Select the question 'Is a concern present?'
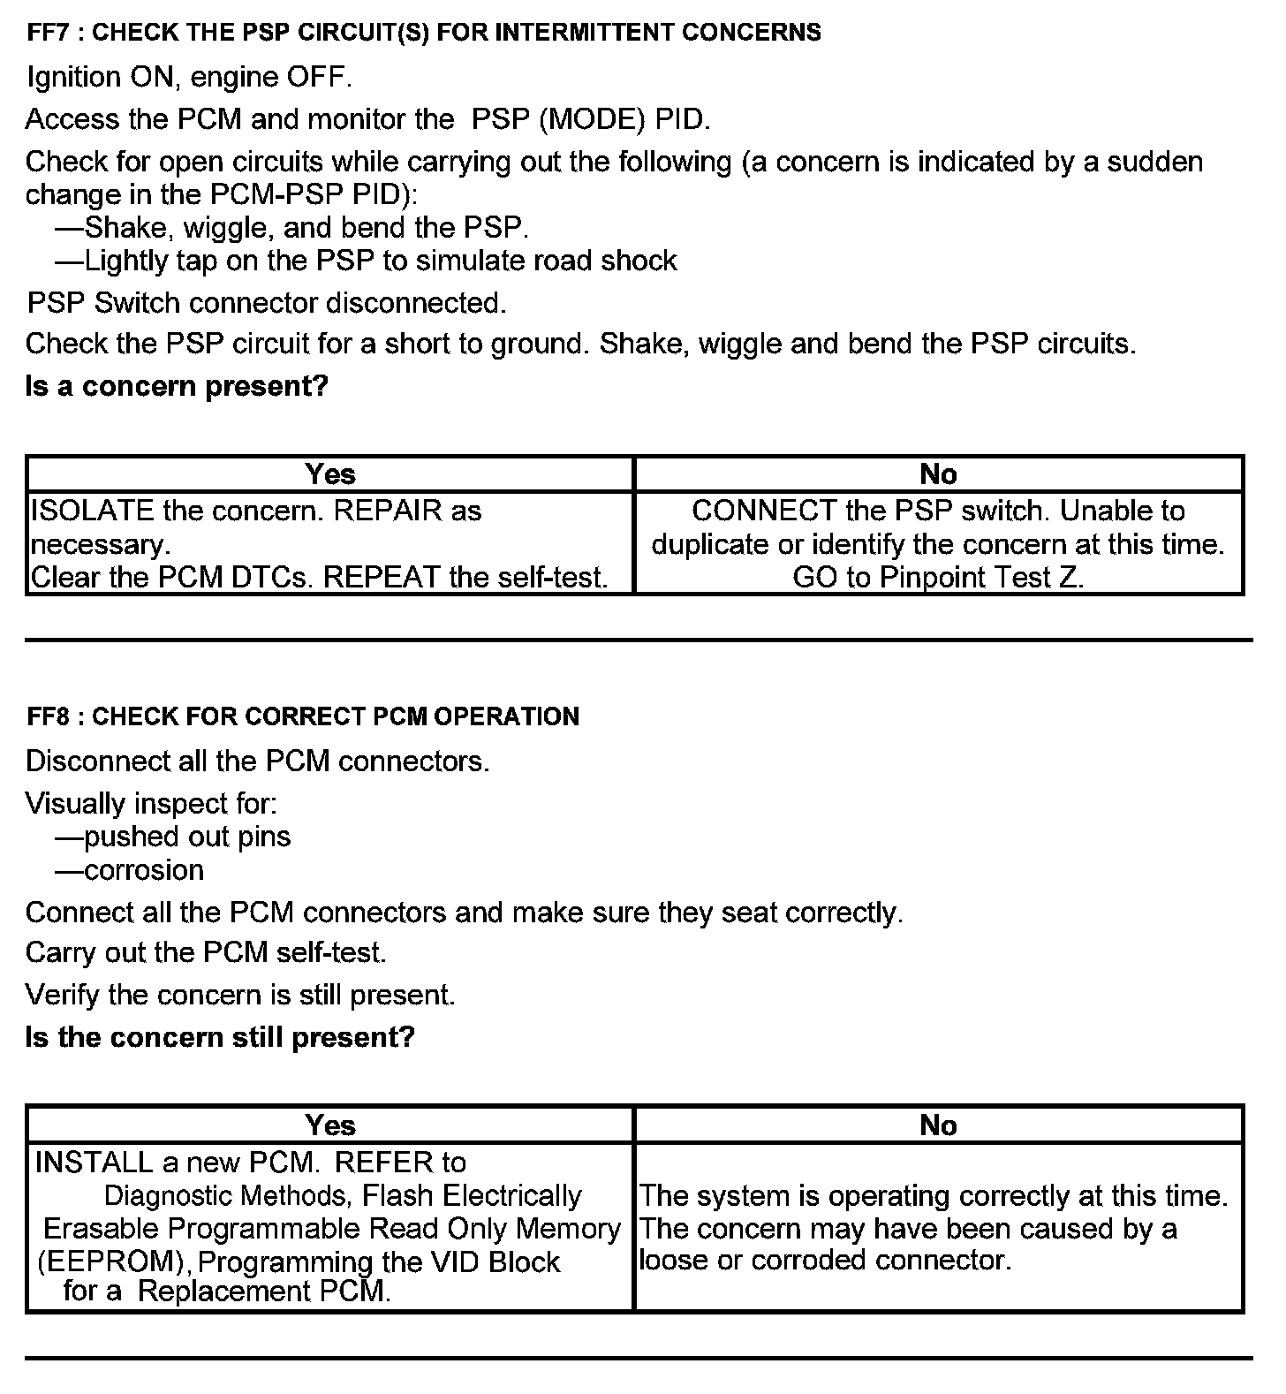click(177, 386)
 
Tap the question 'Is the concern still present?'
click(220, 1036)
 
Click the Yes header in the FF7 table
click(330, 474)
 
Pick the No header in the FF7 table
click(938, 474)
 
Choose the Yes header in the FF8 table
click(330, 1125)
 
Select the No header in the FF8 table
click(938, 1125)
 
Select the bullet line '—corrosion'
click(130, 870)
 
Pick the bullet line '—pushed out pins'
click(173, 837)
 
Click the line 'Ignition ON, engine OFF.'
click(190, 78)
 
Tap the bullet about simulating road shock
click(367, 261)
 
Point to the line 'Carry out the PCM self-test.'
click(206, 952)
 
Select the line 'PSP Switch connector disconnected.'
click(267, 303)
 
